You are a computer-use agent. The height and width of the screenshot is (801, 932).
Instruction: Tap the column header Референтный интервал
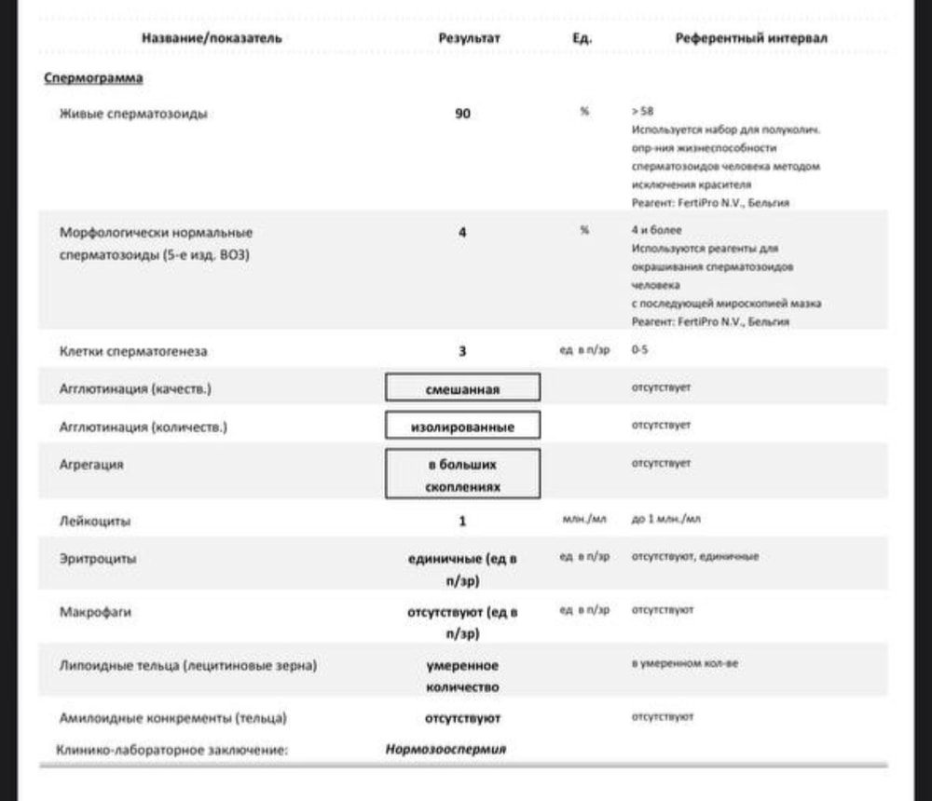coord(751,38)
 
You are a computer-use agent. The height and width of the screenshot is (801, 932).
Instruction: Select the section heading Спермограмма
coord(93,78)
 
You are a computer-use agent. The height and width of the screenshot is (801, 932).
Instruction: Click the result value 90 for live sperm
coord(462,115)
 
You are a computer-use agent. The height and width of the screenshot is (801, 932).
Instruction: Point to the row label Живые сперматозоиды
coord(133,115)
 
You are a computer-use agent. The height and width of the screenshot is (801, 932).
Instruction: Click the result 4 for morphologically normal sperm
coord(462,232)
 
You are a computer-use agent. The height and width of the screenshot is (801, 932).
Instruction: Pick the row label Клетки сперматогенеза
coord(133,352)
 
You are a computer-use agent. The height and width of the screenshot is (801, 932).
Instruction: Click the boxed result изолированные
coord(462,427)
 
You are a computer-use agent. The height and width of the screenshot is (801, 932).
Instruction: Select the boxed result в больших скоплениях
coord(462,474)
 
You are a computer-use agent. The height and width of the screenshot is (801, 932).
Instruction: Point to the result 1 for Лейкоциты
coord(462,521)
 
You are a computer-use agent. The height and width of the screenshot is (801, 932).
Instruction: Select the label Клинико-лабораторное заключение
coord(172,748)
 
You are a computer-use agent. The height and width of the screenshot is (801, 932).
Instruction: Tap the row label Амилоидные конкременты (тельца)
coord(172,718)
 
